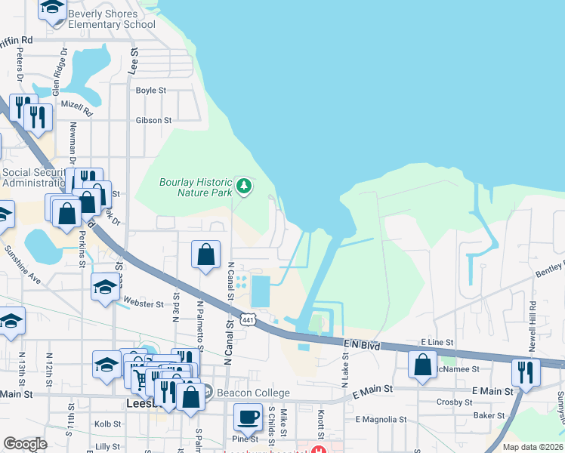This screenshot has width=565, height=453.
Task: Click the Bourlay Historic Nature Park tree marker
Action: click(x=243, y=184)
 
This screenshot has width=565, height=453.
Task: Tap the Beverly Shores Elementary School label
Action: click(x=112, y=19)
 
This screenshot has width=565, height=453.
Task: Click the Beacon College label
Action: click(x=253, y=393)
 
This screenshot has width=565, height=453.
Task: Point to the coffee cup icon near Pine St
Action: click(x=247, y=416)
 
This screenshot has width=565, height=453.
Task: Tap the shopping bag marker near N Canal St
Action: click(x=206, y=254)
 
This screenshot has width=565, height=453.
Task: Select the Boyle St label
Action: click(x=150, y=90)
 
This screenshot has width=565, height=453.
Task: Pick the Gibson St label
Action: click(x=153, y=120)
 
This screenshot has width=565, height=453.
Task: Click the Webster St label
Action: click(x=143, y=304)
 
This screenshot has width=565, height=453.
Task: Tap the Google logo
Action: click(x=25, y=445)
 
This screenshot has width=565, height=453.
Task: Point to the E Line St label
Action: click(x=437, y=342)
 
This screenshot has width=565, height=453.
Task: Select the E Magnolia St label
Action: click(x=381, y=419)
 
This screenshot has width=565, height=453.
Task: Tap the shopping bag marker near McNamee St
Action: click(x=421, y=365)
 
